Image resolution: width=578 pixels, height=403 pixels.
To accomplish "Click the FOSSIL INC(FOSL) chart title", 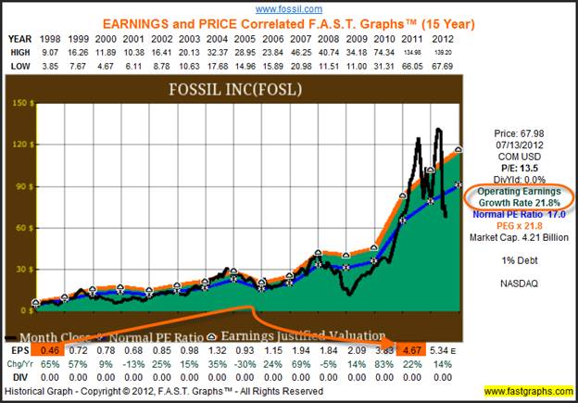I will click(252, 90).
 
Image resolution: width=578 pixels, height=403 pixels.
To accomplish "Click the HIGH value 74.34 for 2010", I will click(383, 52).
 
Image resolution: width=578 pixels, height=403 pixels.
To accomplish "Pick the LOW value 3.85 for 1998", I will click(50, 65).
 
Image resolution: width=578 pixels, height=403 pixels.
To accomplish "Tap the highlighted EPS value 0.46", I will click(50, 352).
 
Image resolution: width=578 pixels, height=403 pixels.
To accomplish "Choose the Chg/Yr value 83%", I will click(381, 365).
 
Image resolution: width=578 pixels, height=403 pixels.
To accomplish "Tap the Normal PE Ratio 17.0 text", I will click(515, 213).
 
